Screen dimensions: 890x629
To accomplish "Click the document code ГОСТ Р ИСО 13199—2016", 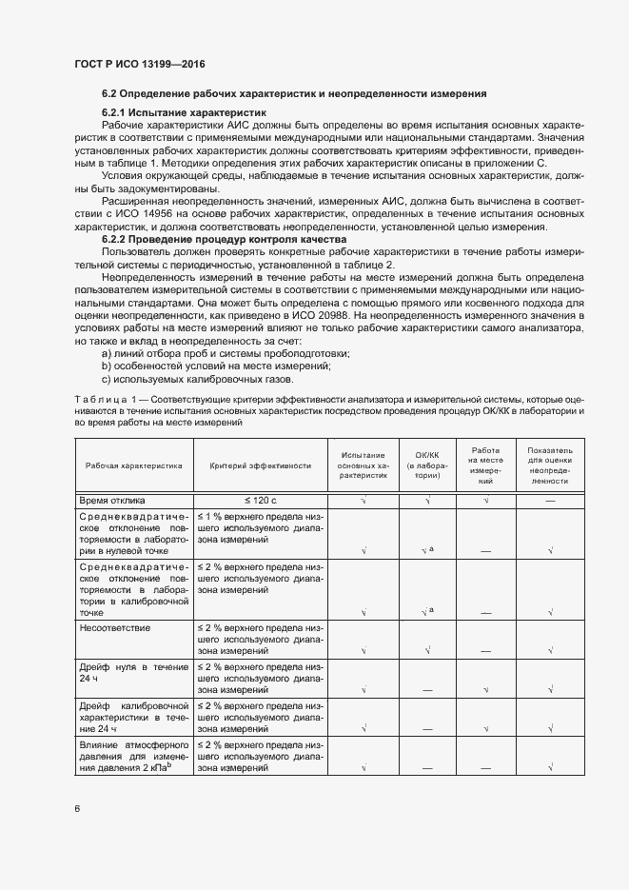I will [140, 65].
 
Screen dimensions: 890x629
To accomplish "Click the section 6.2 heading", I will [294, 94].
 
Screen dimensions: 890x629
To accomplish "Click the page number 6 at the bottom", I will [78, 809].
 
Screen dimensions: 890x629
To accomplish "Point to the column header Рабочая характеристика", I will [133, 466].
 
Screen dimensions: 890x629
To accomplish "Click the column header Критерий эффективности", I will [261, 466].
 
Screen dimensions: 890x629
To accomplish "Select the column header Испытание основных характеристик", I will [364, 466].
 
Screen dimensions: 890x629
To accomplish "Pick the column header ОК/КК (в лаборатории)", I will [428, 466].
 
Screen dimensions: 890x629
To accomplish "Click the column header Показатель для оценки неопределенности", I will [550, 466].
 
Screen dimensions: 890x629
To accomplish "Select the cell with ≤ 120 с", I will [260, 500].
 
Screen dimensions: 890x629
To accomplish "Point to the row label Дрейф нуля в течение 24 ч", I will [133, 673].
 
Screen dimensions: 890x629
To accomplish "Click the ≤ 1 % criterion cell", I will [260, 527].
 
